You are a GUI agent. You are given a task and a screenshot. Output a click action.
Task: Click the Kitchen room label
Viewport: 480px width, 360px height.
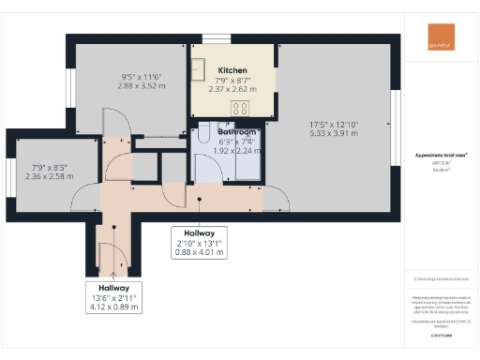(232, 71)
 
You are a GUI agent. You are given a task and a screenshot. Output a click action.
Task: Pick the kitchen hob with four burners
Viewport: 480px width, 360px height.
(240, 106)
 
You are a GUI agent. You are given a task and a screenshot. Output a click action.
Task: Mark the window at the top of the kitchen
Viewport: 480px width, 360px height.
(217, 38)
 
